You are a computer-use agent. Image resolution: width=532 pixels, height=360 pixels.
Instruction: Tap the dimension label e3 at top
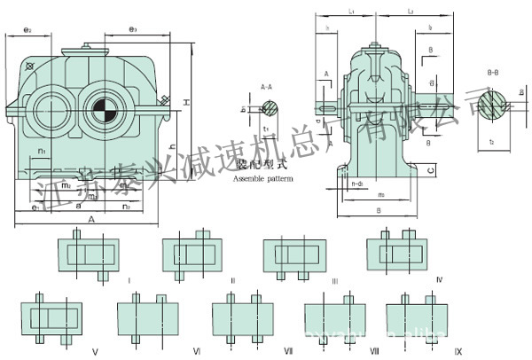(132, 29)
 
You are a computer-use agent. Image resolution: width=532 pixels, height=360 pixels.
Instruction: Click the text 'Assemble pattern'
(261, 179)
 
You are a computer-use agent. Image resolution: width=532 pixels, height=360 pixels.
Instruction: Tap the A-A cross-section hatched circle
(270, 109)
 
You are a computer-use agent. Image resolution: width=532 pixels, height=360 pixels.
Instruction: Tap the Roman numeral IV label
(440, 279)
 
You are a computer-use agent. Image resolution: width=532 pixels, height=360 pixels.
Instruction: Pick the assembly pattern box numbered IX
(416, 317)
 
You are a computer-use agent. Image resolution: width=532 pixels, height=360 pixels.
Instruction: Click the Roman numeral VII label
(288, 351)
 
